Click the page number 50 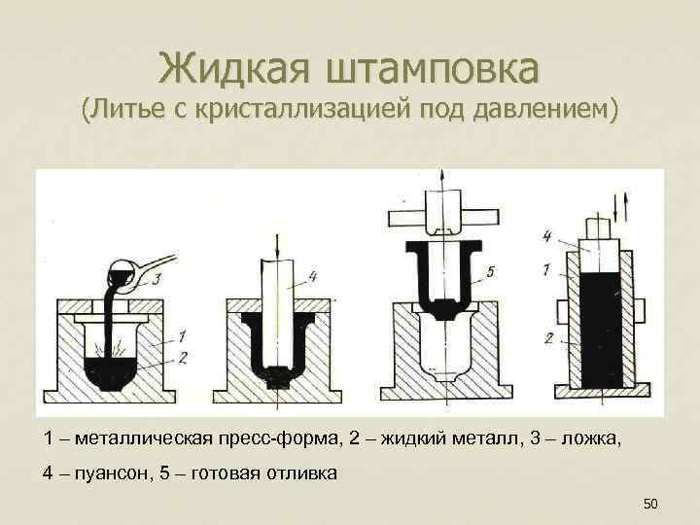pos(650,503)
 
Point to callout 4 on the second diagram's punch pos(311,276)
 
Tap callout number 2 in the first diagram pos(183,357)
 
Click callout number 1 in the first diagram pos(183,335)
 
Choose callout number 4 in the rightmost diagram pos(548,236)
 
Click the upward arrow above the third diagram pos(440,175)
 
